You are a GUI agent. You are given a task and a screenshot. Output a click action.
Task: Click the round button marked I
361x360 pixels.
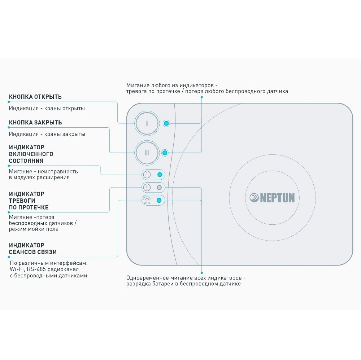coord(147,123)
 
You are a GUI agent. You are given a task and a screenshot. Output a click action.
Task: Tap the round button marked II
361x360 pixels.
coord(147,153)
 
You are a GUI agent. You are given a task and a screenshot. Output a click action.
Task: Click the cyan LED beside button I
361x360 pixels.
coord(166,123)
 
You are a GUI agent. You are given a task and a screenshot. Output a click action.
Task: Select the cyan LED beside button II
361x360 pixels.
coord(165,153)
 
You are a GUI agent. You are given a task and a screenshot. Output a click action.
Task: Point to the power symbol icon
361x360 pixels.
coord(147,175)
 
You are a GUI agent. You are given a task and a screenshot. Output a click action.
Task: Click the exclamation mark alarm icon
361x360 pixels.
coord(147,188)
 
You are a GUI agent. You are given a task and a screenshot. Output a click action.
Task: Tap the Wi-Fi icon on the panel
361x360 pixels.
coord(147,201)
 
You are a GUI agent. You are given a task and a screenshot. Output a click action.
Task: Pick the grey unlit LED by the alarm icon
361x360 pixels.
coord(159,188)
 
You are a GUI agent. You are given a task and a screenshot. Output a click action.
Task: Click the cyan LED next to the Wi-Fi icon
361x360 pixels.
coord(159,201)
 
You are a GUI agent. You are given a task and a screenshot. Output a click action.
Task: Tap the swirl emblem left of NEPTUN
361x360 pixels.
coord(254,198)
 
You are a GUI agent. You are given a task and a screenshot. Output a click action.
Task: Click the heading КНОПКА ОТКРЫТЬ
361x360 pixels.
coord(35,97)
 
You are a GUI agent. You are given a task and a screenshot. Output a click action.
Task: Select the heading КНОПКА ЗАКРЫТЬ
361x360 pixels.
coord(35,123)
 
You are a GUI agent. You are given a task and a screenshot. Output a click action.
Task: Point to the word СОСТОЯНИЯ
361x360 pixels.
coord(26,161)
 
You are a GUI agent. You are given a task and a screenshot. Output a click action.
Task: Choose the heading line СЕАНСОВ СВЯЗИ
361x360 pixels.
coord(33,252)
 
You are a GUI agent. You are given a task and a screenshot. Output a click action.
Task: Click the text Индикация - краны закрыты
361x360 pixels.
coord(47,134)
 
